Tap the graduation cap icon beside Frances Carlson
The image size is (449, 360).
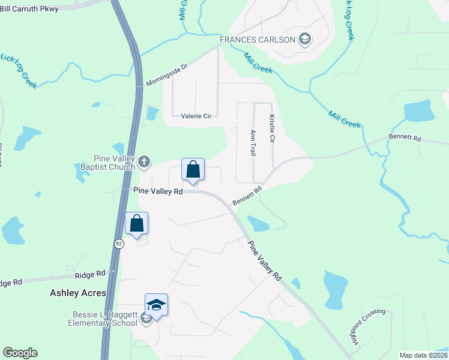point(304,40)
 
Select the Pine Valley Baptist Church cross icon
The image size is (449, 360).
point(143,161)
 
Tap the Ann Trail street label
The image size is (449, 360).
point(253,143)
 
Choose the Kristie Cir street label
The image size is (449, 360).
point(272,128)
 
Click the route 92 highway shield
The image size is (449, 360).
point(119,244)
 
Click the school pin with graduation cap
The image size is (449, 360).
point(156,305)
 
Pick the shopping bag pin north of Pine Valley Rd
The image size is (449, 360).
point(193,170)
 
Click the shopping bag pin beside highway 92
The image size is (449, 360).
point(137,224)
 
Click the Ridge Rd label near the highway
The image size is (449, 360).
point(90,274)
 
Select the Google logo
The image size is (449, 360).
point(20,353)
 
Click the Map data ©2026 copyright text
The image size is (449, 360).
point(423,355)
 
